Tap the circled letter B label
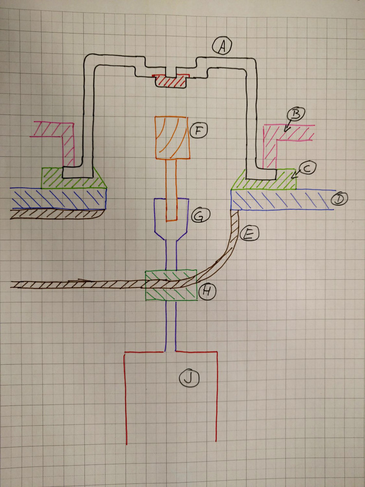(296, 114)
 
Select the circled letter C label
(307, 169)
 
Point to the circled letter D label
(340, 199)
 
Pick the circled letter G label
(201, 215)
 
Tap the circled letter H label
(207, 291)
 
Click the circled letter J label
(189, 378)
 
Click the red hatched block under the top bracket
(170, 81)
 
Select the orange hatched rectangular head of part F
(172, 138)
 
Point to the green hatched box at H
(171, 285)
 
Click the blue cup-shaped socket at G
(171, 219)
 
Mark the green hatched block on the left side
(74, 178)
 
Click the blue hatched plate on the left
(58, 198)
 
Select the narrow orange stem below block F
(171, 190)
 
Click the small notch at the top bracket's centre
(171, 72)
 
